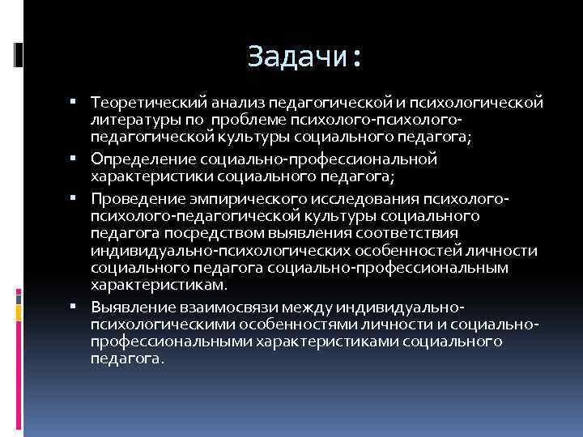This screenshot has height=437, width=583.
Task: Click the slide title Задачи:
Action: click(304, 57)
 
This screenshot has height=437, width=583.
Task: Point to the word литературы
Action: click(132, 120)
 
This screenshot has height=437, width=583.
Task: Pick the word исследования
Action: click(345, 199)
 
